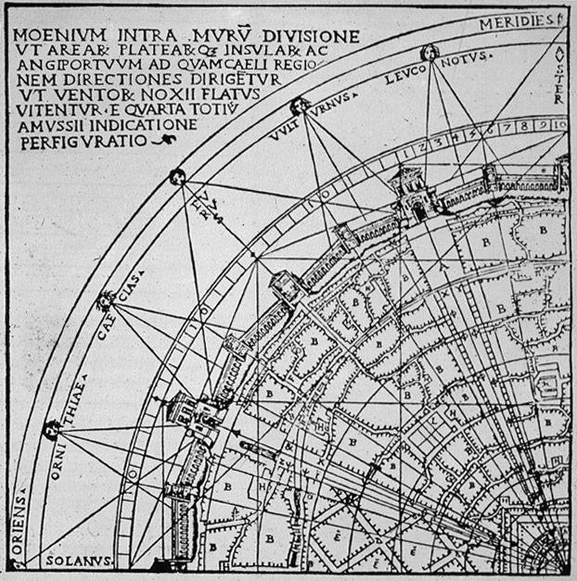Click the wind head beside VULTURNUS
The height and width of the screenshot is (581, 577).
pos(299,106)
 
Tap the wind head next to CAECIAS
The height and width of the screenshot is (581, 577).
pos(106,299)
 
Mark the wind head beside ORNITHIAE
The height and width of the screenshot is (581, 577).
pos(52,428)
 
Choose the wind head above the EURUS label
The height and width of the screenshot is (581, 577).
pos(176,177)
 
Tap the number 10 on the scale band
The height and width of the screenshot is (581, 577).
pos(558,122)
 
